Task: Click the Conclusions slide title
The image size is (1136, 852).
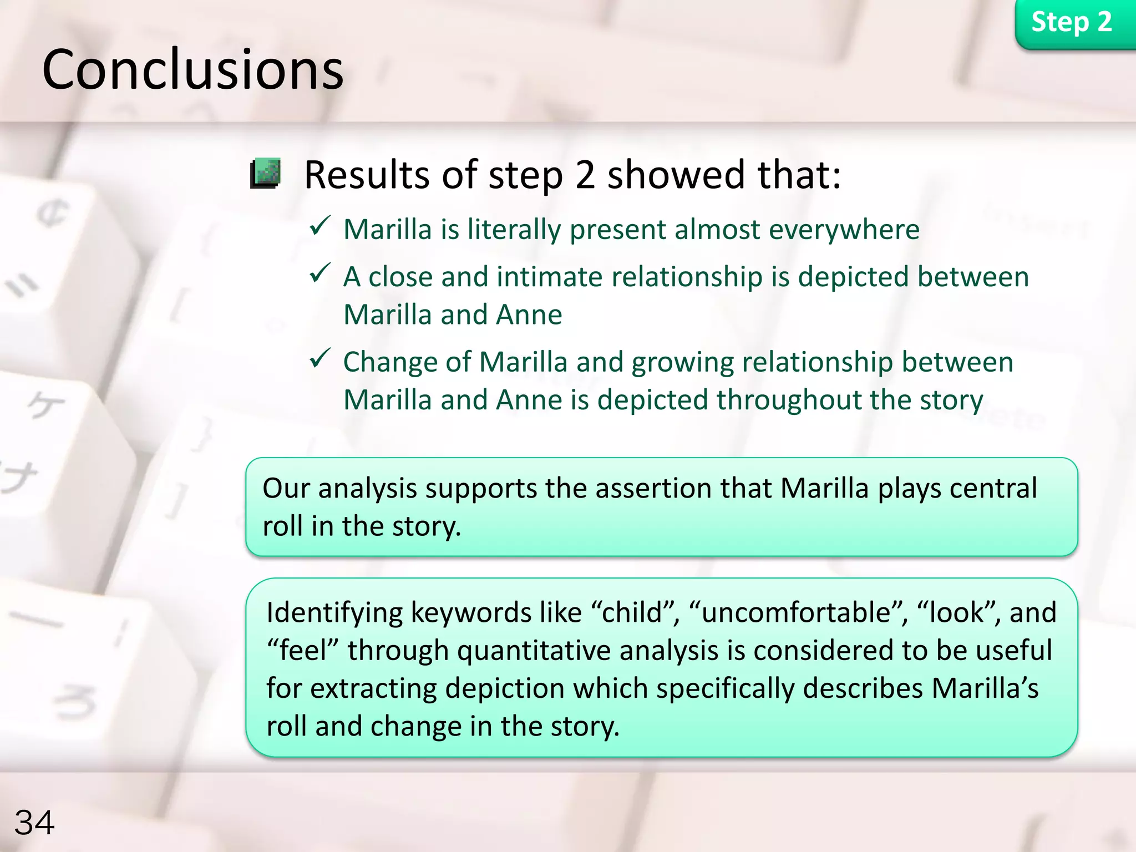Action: tap(192, 70)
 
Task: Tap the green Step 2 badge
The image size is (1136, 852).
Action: tap(1072, 23)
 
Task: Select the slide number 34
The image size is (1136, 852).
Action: tap(34, 822)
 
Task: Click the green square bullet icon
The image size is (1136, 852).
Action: tap(266, 173)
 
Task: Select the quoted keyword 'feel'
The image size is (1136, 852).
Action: tap(302, 651)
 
